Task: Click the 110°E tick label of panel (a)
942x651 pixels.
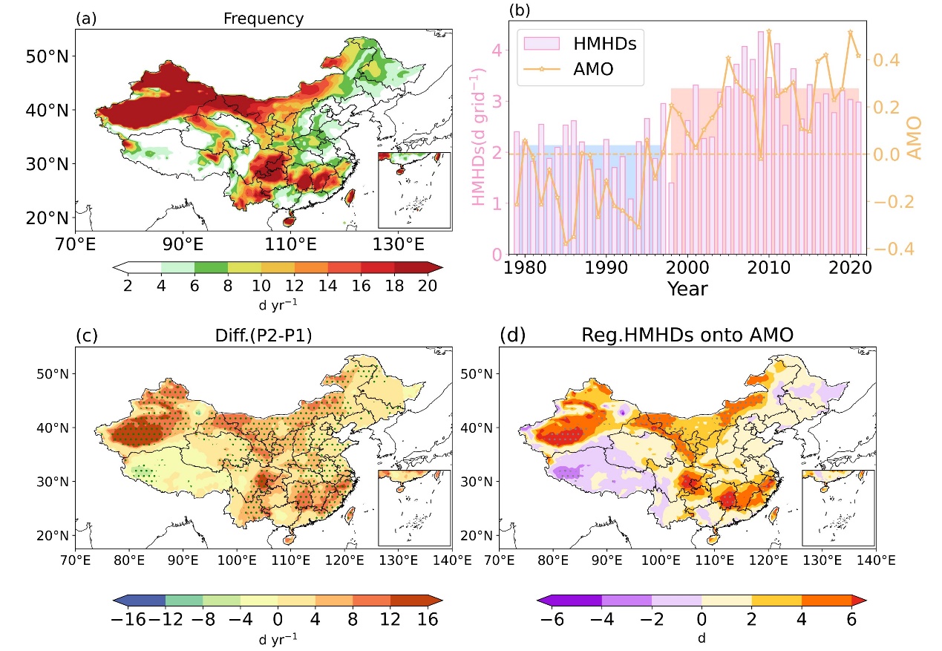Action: coord(289,243)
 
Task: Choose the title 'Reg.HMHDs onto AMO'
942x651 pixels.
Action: coord(688,336)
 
